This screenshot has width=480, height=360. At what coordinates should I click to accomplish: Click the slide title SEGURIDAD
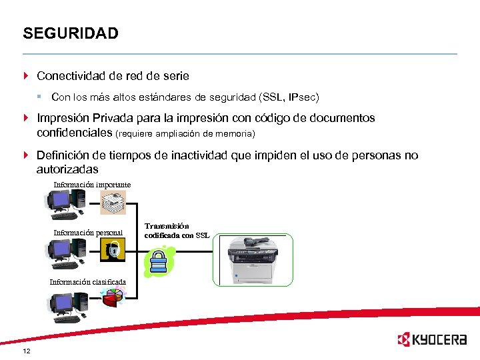(x=70, y=33)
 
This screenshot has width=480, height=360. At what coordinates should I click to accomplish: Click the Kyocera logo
(x=431, y=339)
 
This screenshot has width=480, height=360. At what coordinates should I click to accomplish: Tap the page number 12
(x=26, y=351)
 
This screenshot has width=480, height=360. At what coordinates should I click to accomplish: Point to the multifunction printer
(x=253, y=260)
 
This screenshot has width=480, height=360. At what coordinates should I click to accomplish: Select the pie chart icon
(x=113, y=298)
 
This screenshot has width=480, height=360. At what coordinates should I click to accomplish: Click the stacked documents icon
(x=113, y=201)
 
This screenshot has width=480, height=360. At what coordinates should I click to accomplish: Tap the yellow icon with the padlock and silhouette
(x=113, y=250)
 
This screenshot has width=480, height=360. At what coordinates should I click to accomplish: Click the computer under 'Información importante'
(x=63, y=203)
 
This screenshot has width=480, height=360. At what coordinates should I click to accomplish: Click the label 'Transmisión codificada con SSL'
(x=177, y=231)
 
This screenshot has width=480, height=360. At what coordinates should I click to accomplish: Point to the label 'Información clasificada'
(x=87, y=281)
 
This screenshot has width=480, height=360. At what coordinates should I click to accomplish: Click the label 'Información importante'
(x=92, y=185)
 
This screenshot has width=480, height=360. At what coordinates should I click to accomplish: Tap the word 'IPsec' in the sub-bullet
(x=303, y=97)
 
